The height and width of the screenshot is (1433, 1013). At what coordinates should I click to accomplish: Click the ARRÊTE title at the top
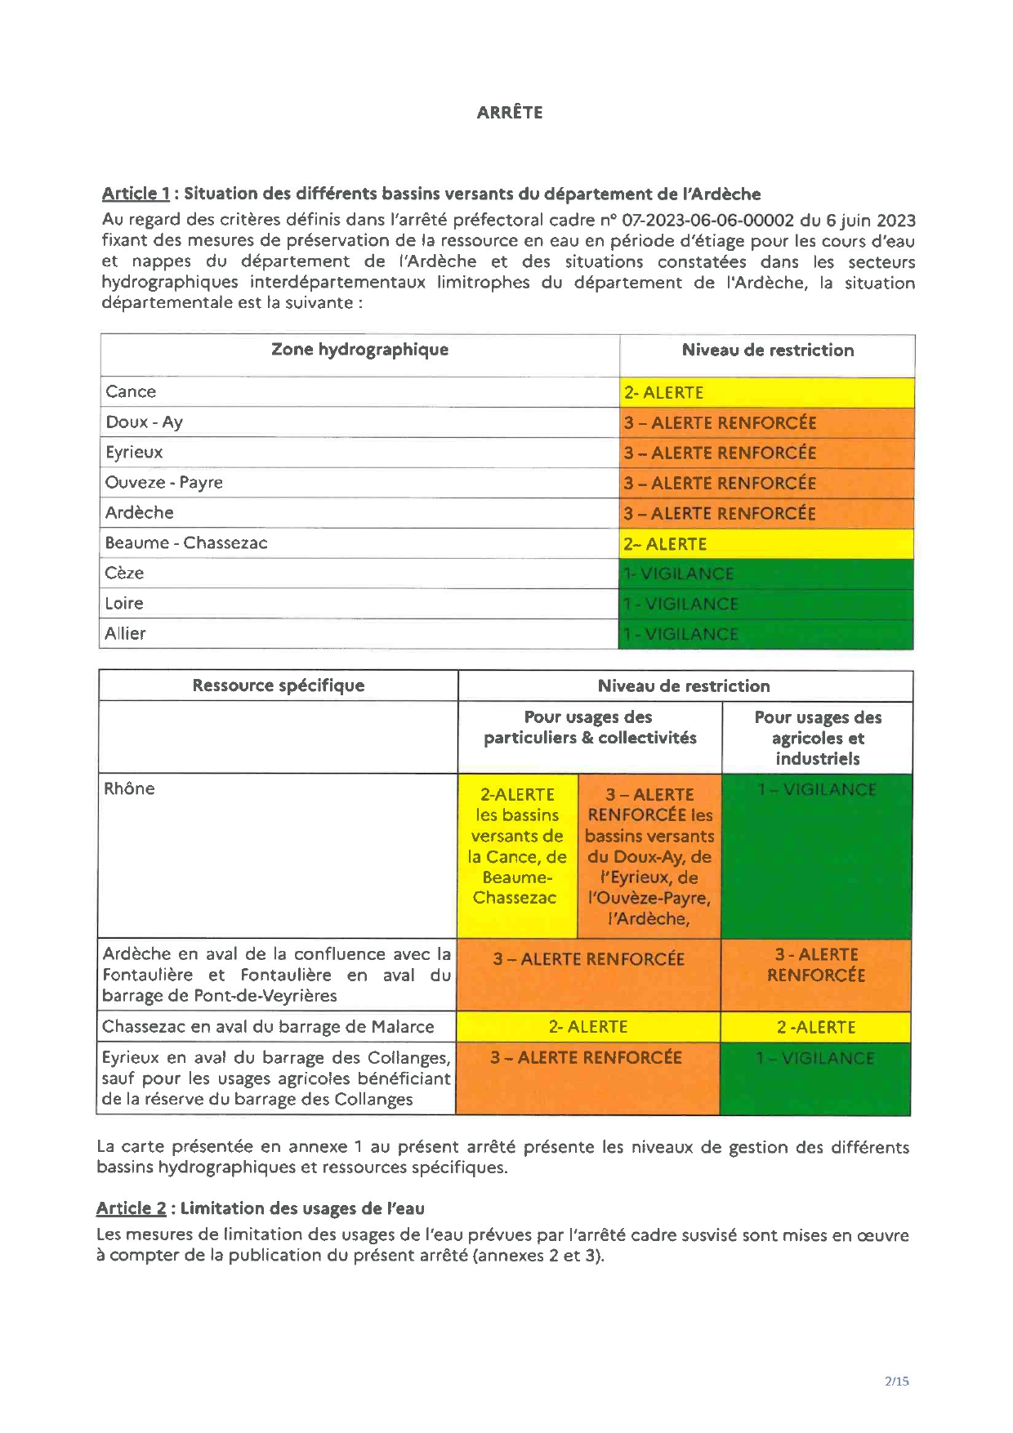click(x=510, y=113)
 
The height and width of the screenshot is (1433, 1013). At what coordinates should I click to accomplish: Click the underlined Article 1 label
click(x=136, y=194)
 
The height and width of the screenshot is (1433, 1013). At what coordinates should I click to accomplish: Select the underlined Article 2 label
click(x=131, y=1208)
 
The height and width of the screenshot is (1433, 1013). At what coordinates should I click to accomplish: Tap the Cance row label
click(x=131, y=391)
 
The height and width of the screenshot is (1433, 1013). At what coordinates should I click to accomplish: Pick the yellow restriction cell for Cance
click(x=766, y=392)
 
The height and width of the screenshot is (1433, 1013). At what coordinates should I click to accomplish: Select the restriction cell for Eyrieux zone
click(x=766, y=453)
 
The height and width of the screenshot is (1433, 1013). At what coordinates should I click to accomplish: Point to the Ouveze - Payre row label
click(x=164, y=482)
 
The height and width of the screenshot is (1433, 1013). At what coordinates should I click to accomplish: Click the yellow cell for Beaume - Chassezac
click(x=766, y=543)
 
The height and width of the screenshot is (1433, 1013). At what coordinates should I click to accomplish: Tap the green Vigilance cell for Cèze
click(x=766, y=574)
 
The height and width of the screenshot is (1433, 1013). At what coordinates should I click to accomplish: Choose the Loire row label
click(x=124, y=603)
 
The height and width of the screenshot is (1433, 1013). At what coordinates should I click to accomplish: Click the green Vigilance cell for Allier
click(x=766, y=634)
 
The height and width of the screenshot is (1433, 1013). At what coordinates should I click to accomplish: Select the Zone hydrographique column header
click(x=359, y=350)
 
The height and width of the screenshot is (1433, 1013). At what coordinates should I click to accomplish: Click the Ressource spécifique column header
click(x=279, y=685)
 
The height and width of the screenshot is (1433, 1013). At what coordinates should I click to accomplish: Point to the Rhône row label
click(x=129, y=788)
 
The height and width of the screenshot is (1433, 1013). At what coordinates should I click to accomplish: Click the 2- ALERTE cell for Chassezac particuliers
click(x=588, y=1027)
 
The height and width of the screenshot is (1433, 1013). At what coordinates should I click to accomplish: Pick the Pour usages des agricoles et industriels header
click(x=818, y=738)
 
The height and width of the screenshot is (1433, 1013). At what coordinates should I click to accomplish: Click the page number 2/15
click(x=896, y=1382)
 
